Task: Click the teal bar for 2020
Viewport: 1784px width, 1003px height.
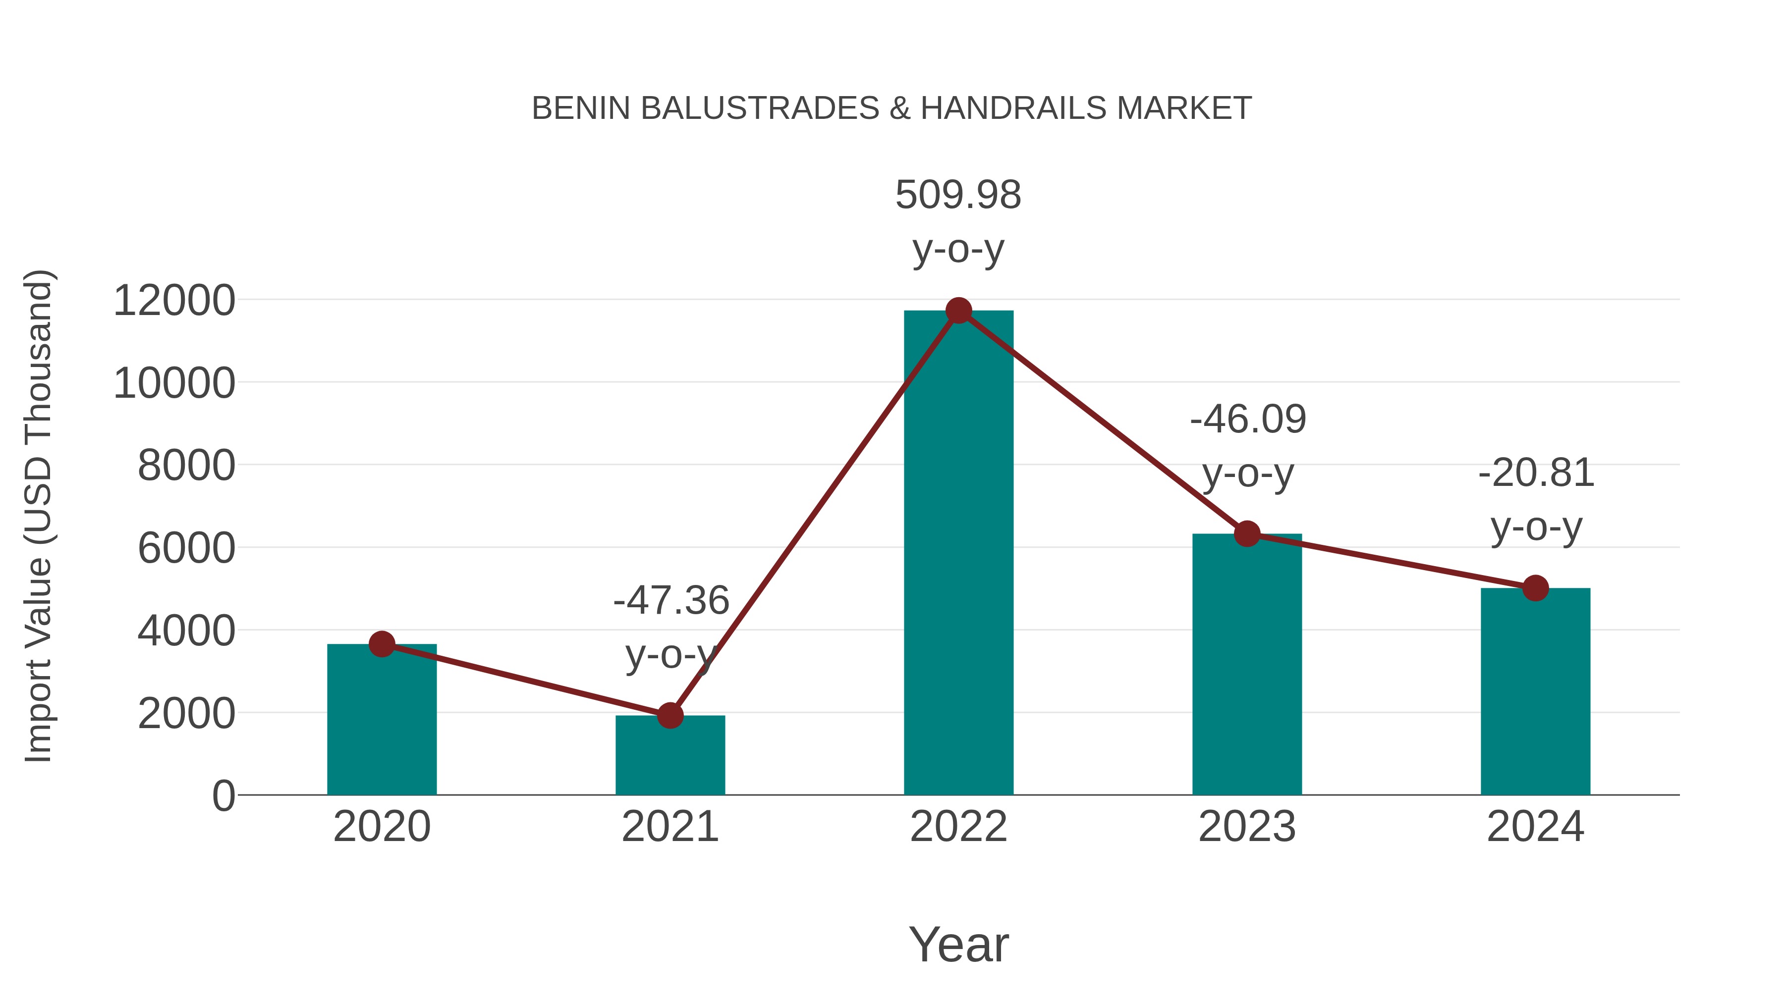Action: [382, 727]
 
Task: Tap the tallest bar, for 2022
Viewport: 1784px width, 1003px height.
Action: [958, 554]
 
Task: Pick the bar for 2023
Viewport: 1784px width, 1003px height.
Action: [1247, 665]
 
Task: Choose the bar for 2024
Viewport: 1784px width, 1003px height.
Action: [1535, 692]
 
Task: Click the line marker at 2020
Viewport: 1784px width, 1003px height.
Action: [382, 644]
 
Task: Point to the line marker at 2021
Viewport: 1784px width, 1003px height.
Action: [669, 716]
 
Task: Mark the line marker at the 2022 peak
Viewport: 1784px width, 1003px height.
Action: [958, 311]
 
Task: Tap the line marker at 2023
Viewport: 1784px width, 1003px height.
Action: [1247, 533]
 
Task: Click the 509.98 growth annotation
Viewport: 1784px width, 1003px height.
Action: [958, 195]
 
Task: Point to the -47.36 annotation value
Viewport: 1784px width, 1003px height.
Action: [671, 600]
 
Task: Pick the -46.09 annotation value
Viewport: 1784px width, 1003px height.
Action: [1248, 420]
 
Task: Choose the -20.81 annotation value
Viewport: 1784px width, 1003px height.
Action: [1536, 474]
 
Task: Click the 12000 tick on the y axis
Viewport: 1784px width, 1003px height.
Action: [174, 301]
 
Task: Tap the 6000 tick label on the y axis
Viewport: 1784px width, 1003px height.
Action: [186, 548]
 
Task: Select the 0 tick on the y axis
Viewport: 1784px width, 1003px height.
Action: [223, 796]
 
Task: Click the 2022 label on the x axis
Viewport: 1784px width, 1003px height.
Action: [958, 827]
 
